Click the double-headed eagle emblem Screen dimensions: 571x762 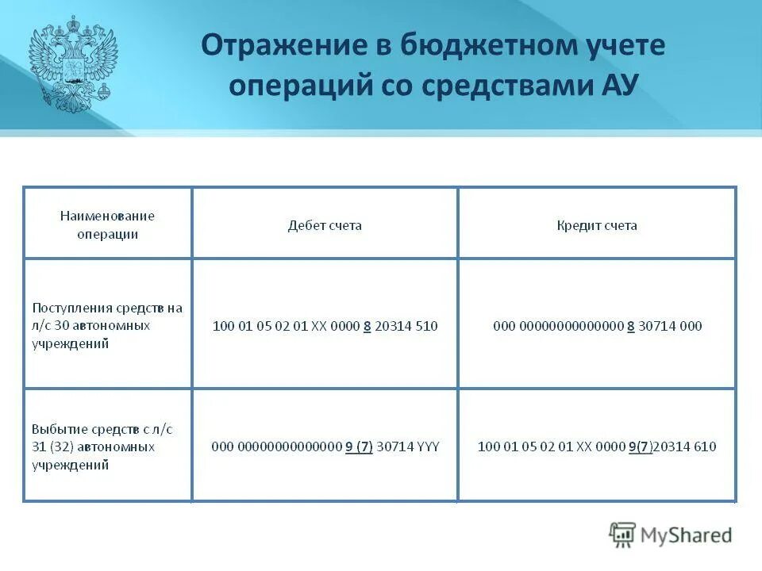[73, 66]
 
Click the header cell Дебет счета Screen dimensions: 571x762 [325, 225]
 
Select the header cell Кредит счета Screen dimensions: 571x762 [597, 225]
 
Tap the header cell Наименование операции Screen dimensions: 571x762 [107, 224]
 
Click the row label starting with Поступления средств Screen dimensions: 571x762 [107, 325]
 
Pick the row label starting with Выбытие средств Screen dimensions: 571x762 [101, 446]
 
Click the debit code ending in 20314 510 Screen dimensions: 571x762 [325, 326]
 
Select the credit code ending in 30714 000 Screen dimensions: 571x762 [597, 326]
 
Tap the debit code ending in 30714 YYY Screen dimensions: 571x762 [325, 446]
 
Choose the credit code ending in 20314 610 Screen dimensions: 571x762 [597, 446]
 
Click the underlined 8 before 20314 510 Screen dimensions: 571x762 [367, 326]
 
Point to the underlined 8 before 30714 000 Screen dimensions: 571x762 [630, 326]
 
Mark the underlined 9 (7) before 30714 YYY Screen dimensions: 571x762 [359, 446]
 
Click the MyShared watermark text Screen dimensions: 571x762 [686, 535]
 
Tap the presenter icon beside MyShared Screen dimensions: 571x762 [622, 535]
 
